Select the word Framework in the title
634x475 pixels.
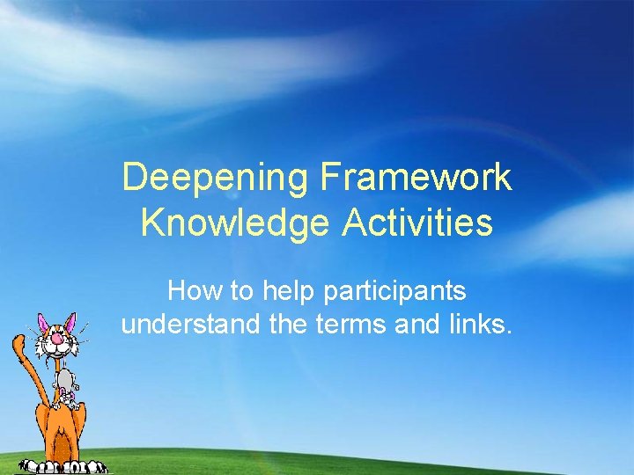(x=416, y=177)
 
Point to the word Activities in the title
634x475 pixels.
(x=418, y=223)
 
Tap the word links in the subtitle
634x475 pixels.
(x=481, y=325)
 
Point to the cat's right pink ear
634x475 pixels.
(x=70, y=318)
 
